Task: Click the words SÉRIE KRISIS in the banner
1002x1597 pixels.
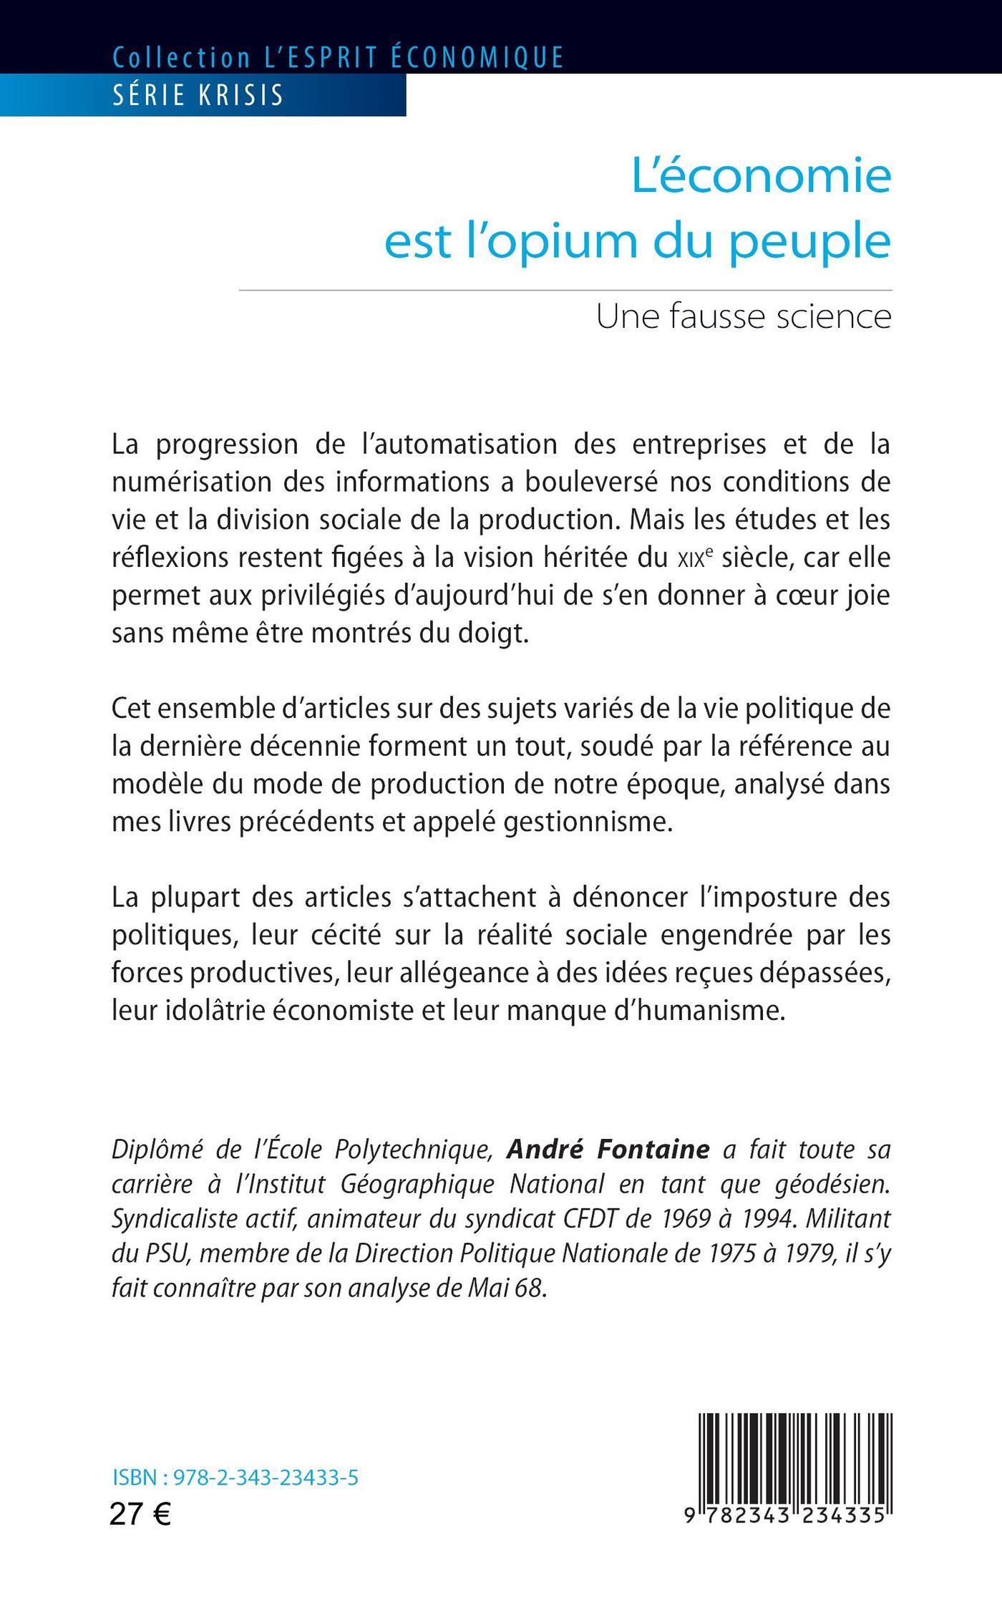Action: (198, 95)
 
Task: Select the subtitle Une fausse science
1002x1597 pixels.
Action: (744, 317)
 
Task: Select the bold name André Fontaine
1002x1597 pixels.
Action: (608, 1150)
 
